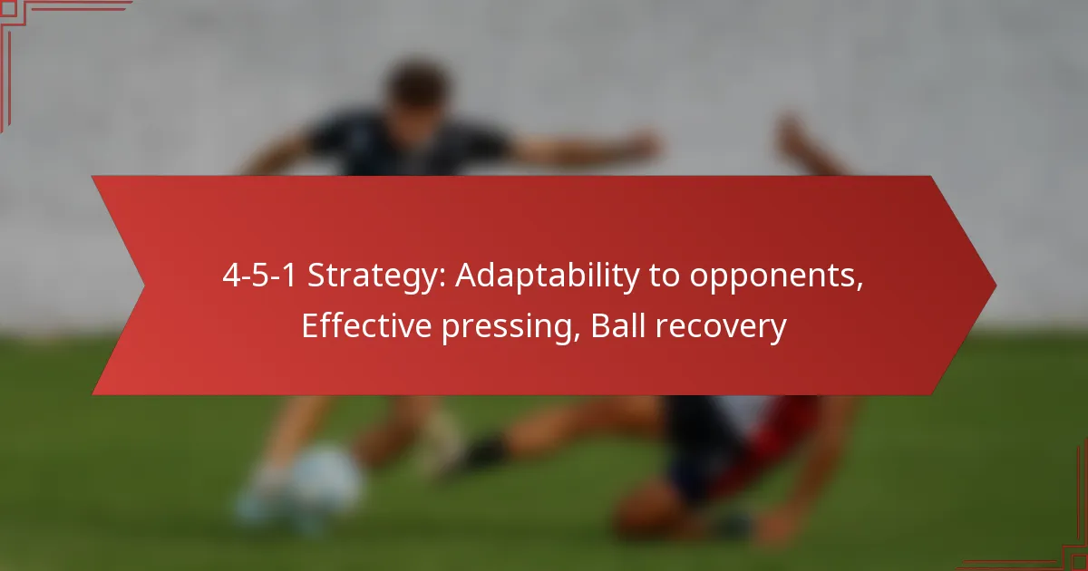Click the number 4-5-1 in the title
[259, 275]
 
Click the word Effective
[366, 325]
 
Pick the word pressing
[511, 328]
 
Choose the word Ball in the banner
[617, 325]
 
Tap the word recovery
[721, 328]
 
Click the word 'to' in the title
[665, 276]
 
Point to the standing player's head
[418, 87]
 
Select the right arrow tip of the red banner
[996, 285]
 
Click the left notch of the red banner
[143, 285]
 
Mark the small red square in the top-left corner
[8, 8]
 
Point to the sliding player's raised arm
[806, 146]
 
